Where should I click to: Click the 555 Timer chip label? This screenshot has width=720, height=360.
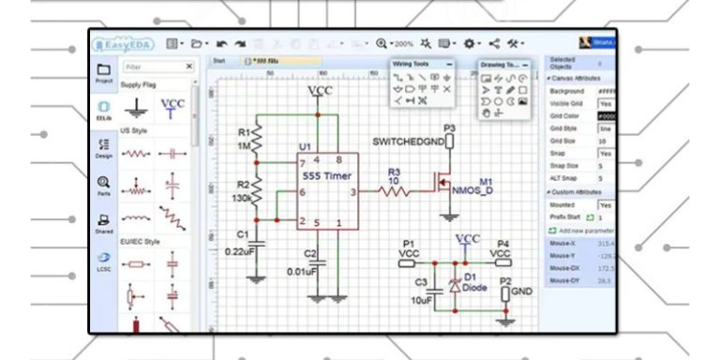tap(324, 174)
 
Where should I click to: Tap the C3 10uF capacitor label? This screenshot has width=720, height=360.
tap(422, 291)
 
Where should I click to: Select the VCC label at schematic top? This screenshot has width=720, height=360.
tap(319, 90)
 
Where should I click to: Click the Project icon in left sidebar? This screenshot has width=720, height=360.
tap(104, 72)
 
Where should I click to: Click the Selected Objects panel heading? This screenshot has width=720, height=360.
tap(562, 63)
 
